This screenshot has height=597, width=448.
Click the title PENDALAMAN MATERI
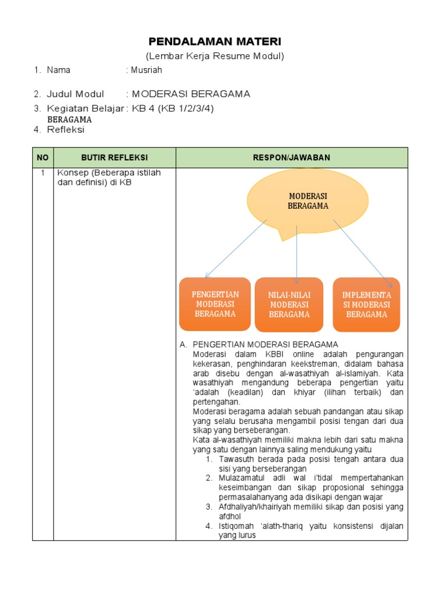[215, 42]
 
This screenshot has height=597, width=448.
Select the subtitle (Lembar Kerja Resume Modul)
[215, 56]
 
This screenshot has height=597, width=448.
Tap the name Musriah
[146, 70]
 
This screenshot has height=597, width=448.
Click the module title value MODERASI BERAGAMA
[191, 94]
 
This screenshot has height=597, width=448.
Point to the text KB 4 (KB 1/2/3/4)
[170, 108]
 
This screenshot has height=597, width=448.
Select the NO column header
[43, 157]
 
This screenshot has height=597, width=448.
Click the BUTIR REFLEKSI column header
[114, 157]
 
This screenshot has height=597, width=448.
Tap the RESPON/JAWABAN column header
[292, 157]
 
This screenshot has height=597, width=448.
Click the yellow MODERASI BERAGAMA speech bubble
[307, 202]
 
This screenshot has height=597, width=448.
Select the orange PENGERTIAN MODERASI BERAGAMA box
[215, 304]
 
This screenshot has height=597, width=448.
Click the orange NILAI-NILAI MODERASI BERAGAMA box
[289, 304]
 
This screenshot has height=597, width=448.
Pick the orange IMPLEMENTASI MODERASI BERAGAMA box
[366, 304]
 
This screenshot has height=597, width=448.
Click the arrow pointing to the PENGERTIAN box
[235, 249]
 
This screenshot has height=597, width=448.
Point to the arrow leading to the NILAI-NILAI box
[297, 251]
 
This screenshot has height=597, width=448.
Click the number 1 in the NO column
[43, 173]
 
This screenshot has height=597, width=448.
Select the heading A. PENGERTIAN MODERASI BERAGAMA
[265, 345]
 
